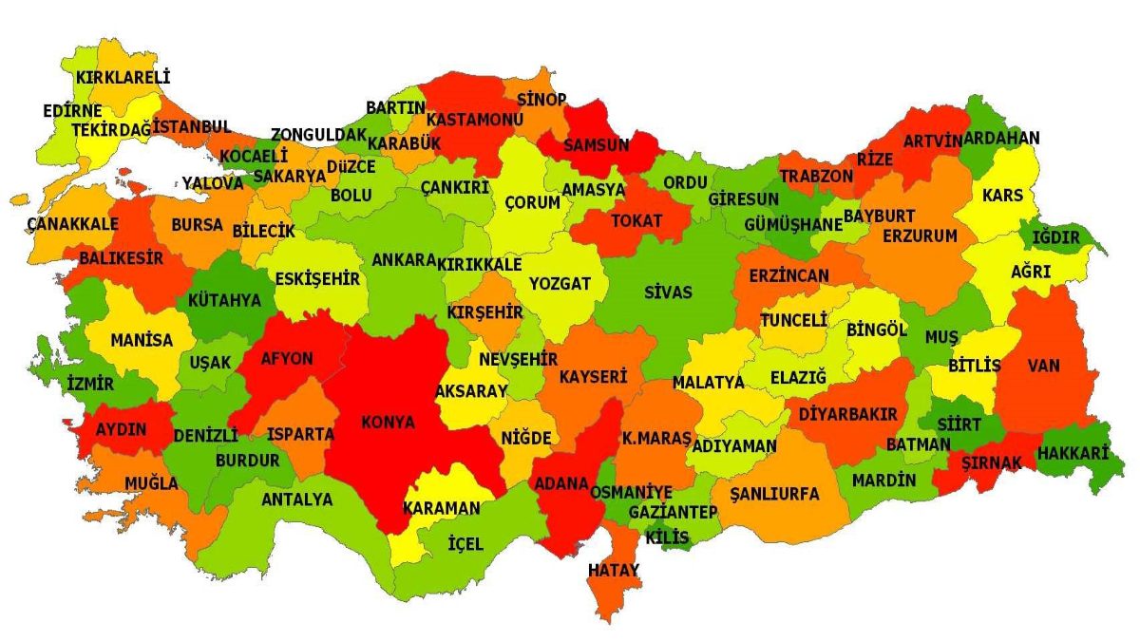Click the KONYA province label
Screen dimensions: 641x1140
pyautogui.click(x=388, y=424)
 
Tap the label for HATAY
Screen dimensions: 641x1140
pyautogui.click(x=614, y=570)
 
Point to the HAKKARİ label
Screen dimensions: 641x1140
pyautogui.click(x=1073, y=454)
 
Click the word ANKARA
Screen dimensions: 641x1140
pyautogui.click(x=404, y=260)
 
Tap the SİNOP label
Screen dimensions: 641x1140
pyautogui.click(x=541, y=100)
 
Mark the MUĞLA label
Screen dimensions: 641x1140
pyautogui.click(x=151, y=483)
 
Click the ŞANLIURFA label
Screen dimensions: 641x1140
pyautogui.click(x=775, y=494)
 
